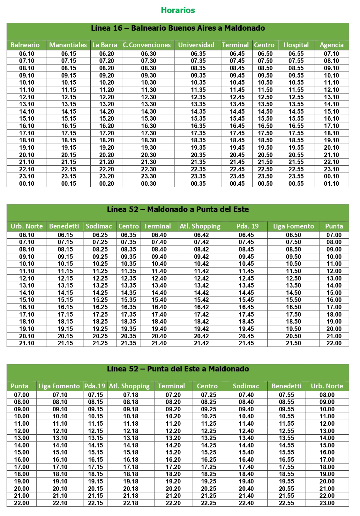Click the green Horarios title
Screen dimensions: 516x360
click(x=178, y=10)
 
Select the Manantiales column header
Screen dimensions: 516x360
click(x=68, y=45)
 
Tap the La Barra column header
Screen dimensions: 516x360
click(x=105, y=45)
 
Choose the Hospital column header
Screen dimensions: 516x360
click(x=296, y=45)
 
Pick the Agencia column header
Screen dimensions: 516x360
click(x=332, y=45)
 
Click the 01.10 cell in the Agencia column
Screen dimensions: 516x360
click(x=331, y=183)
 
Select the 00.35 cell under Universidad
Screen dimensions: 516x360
click(x=198, y=183)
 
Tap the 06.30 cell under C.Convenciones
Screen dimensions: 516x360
click(x=148, y=54)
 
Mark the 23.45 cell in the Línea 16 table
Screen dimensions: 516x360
click(x=237, y=176)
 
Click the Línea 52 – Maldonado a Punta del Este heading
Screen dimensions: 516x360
click(x=178, y=209)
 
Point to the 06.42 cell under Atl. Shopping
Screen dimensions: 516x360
click(x=201, y=235)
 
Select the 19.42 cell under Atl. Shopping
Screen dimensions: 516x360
click(x=201, y=329)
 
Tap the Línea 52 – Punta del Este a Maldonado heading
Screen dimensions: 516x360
click(x=178, y=369)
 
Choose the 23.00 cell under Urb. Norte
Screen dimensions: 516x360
click(x=327, y=503)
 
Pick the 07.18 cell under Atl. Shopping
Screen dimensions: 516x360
click(x=131, y=395)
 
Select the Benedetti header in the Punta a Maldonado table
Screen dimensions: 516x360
click(x=286, y=386)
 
